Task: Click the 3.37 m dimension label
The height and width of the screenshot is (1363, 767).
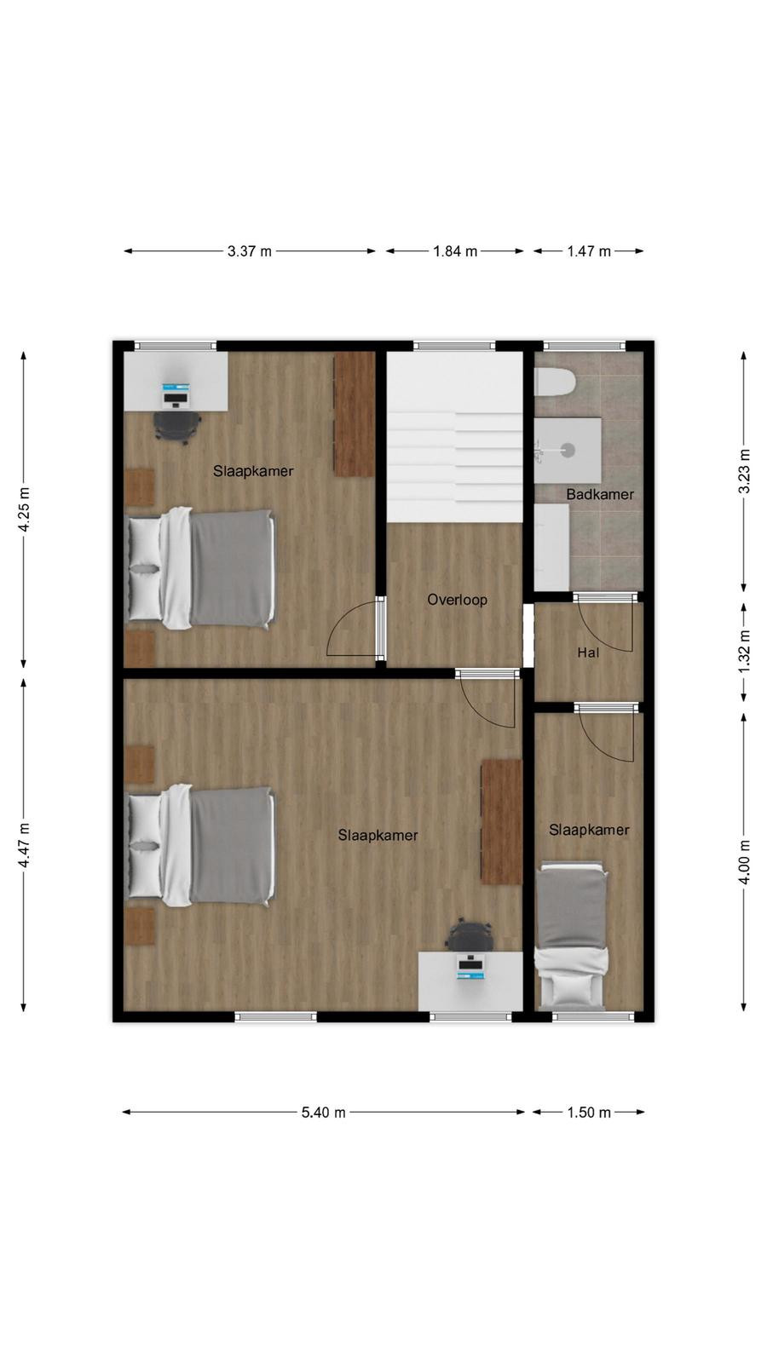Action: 250,251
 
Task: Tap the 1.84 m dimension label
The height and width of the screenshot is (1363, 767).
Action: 455,251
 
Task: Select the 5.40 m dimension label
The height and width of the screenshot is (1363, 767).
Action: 323,1113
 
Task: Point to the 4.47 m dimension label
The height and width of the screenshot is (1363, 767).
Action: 24,845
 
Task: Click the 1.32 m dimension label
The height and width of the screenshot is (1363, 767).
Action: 744,651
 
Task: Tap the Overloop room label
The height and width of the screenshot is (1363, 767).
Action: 457,600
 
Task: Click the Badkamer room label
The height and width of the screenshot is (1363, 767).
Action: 600,494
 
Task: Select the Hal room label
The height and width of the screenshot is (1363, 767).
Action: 588,653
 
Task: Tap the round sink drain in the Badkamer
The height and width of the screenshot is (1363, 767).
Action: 568,451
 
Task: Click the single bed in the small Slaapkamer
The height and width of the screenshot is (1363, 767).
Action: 571,937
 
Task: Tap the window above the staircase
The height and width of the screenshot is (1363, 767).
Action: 455,346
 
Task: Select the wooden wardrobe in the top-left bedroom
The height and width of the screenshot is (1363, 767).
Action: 354,414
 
